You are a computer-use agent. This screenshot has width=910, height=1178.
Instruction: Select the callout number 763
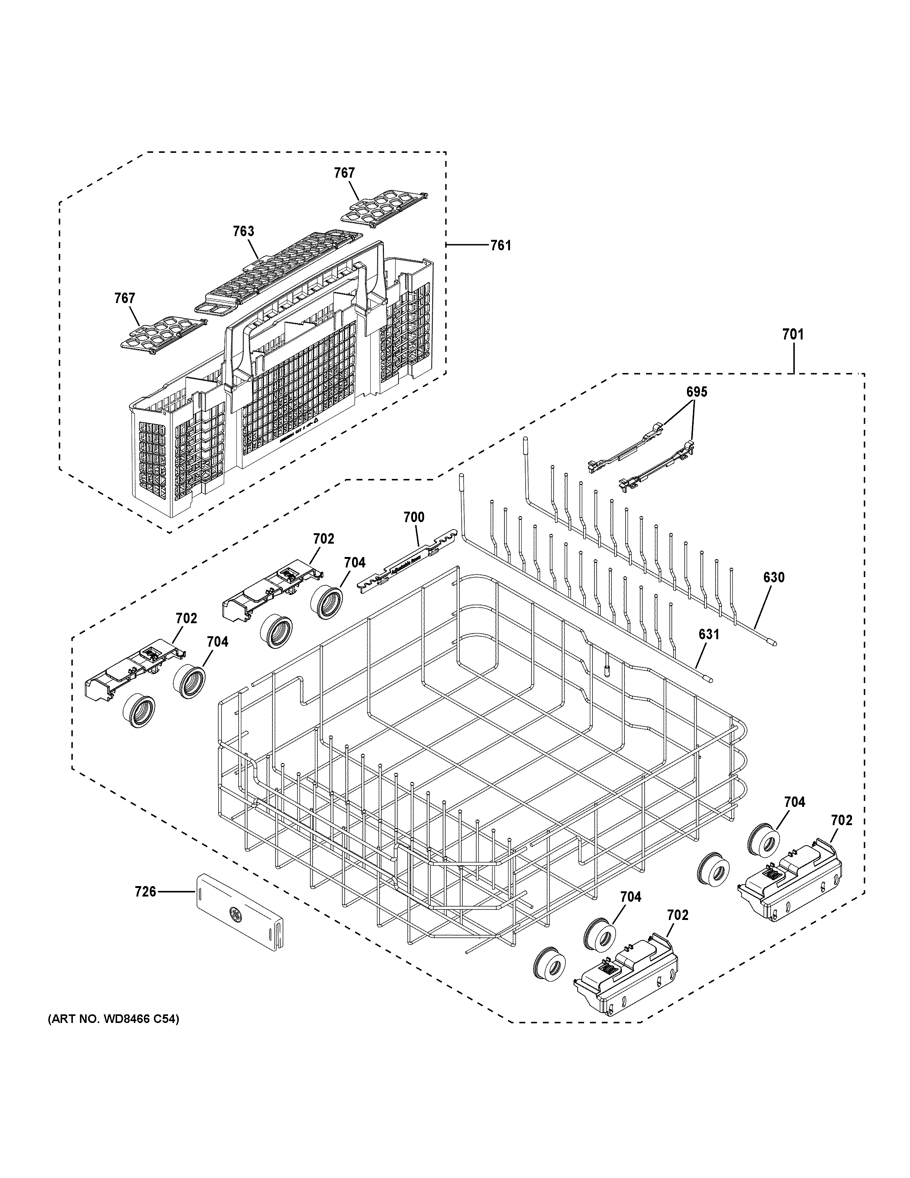pos(243,231)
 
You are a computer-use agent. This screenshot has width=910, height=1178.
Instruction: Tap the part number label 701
pos(793,334)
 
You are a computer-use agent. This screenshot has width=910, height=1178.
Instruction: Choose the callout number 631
pos(709,635)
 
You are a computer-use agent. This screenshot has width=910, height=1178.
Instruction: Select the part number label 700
pos(414,518)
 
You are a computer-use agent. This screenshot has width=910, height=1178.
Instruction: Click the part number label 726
pos(145,892)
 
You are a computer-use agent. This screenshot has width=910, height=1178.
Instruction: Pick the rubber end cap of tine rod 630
pos(774,643)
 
